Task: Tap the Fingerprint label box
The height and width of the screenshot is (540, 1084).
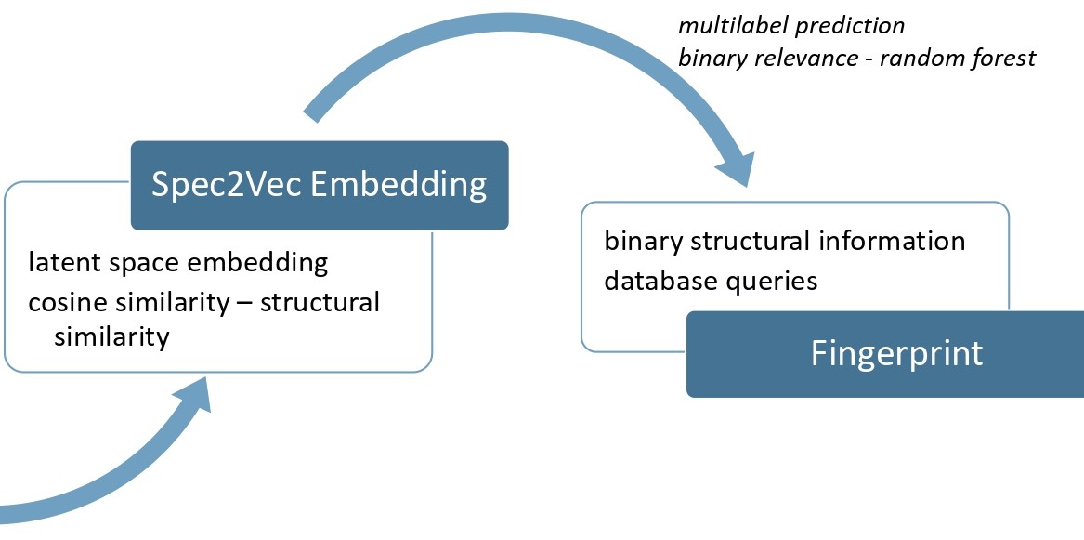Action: point(896,354)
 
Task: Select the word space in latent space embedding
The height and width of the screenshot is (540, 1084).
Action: point(144,263)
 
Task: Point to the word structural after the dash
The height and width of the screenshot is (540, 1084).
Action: point(320,302)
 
